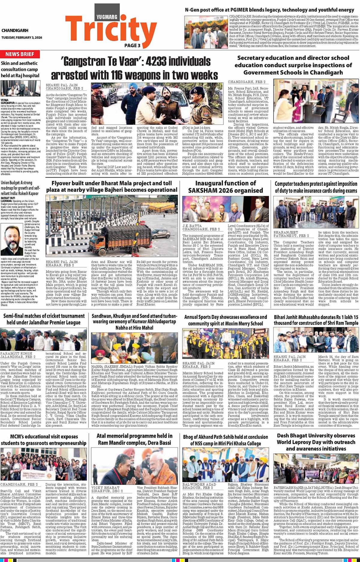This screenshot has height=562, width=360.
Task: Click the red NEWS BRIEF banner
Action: click(x=20, y=54)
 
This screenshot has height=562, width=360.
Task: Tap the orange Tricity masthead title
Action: click(x=111, y=30)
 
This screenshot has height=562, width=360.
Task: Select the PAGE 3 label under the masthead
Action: click(x=132, y=46)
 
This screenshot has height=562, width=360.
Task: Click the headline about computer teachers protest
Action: click(x=316, y=187)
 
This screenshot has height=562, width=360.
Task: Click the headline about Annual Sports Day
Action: click(x=225, y=320)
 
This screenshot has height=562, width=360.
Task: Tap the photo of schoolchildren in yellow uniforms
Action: click(x=225, y=344)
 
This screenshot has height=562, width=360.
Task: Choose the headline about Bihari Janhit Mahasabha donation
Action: click(x=316, y=320)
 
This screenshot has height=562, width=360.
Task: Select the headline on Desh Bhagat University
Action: click(x=316, y=442)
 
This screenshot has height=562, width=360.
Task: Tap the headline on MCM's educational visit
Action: click(x=44, y=440)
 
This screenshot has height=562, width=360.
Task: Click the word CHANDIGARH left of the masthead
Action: click(x=15, y=31)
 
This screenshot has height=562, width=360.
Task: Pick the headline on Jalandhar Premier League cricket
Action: click(x=44, y=319)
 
